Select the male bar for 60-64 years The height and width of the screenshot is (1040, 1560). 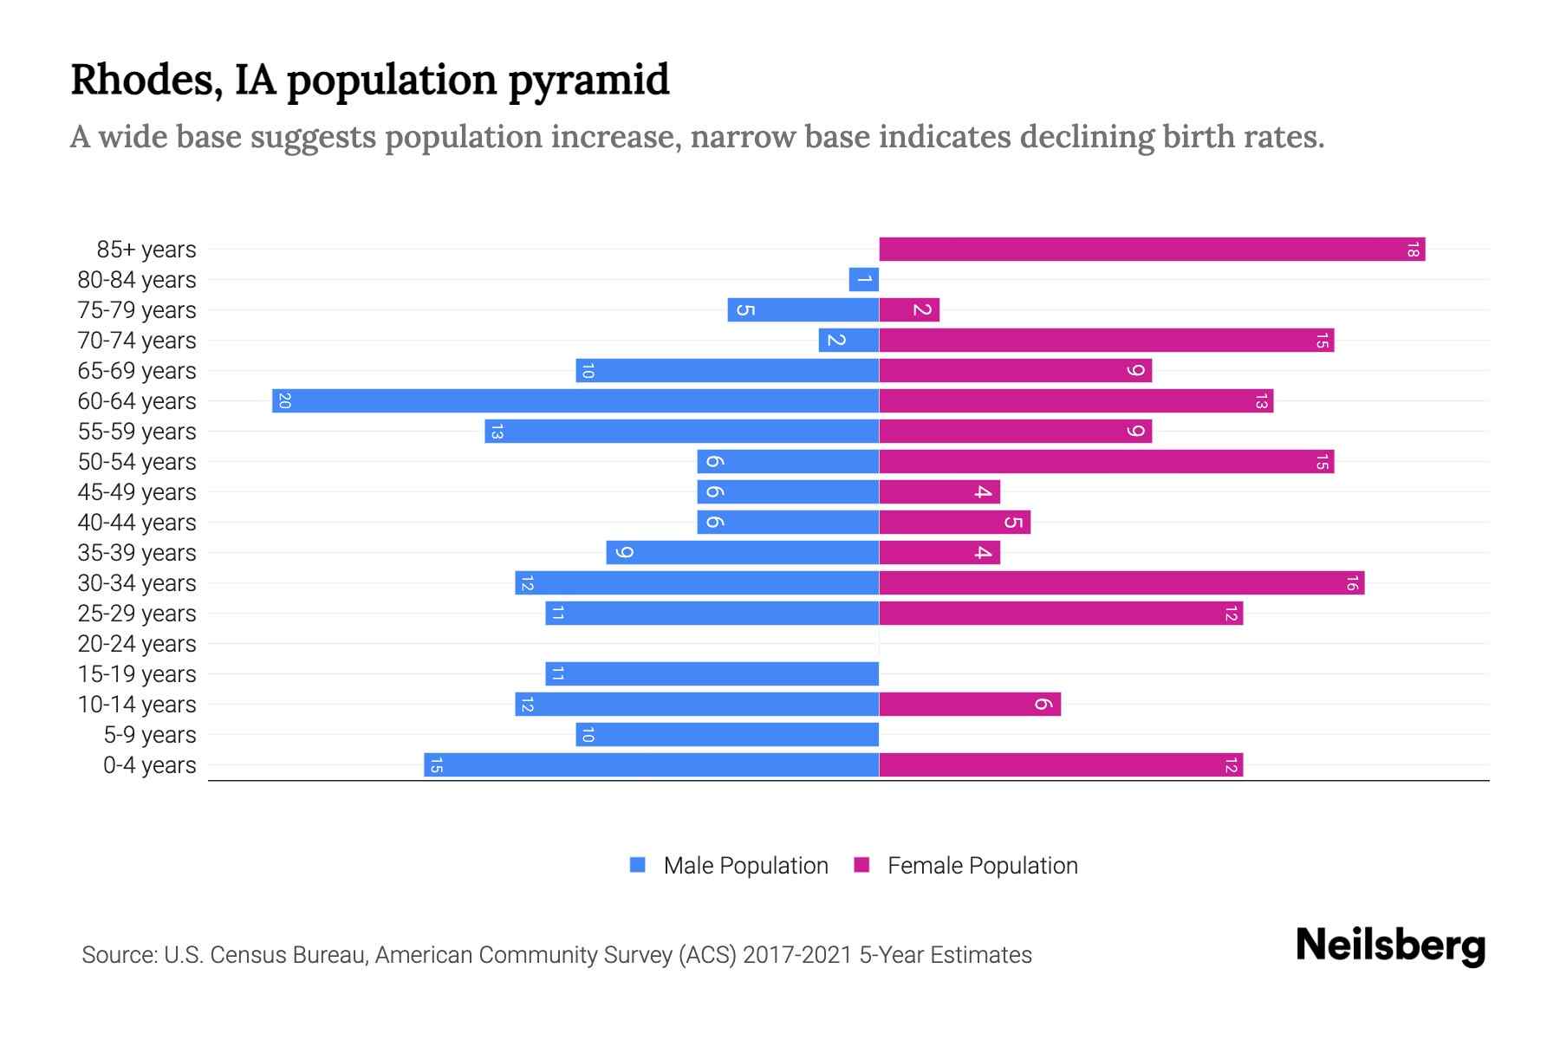(575, 401)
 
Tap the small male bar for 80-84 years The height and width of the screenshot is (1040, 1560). (863, 280)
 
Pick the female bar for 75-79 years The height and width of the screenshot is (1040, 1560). (909, 310)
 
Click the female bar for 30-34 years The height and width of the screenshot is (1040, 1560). (1121, 583)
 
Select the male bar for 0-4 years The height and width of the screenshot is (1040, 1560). (651, 765)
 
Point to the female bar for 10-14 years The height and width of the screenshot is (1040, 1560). (970, 705)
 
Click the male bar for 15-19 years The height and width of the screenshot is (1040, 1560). (712, 674)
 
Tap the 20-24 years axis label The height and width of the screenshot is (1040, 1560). (137, 644)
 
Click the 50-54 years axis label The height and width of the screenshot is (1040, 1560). (137, 462)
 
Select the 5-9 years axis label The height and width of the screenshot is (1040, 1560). (149, 735)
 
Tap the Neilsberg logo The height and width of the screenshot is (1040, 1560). (1390, 946)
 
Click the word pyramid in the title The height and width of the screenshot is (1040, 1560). (588, 80)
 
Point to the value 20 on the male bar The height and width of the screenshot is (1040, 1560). (284, 401)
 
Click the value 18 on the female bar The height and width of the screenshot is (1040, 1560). (1413, 250)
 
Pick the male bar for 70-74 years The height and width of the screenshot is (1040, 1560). (848, 341)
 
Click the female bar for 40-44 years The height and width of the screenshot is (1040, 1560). (954, 523)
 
